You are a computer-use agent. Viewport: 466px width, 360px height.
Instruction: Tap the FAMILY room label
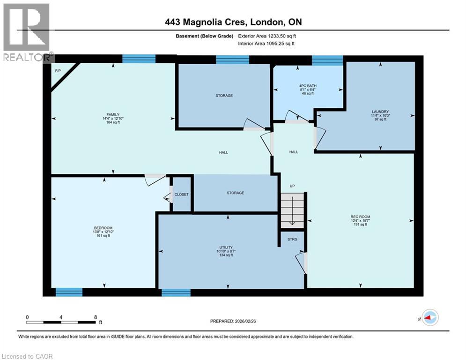[112, 114]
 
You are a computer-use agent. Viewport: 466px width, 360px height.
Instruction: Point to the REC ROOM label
[360, 217]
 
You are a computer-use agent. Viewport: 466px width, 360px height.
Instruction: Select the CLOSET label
[181, 194]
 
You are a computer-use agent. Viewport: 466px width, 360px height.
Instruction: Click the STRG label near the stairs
[292, 239]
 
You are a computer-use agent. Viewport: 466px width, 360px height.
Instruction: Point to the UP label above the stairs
[292, 186]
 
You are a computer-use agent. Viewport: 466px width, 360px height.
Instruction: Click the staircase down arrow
[292, 213]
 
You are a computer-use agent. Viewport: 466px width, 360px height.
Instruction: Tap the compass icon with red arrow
[429, 317]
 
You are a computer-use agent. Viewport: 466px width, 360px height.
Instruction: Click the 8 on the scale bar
[96, 317]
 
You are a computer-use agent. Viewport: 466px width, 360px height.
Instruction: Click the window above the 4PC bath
[327, 60]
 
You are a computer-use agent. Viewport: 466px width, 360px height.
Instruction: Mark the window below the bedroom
[69, 292]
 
